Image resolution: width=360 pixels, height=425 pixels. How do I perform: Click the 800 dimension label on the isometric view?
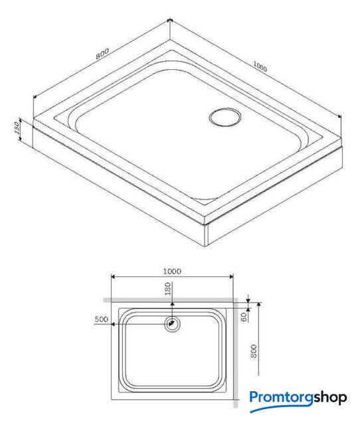tap(102, 54)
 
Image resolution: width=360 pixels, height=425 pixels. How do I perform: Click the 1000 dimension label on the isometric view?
tap(260, 66)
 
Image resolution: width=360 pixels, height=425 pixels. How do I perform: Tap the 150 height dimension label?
tap(17, 128)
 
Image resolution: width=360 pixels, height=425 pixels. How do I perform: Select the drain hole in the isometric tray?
tap(225, 117)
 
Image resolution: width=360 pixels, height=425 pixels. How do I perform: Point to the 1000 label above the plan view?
tap(172, 272)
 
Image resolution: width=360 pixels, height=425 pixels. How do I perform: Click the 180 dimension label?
tap(168, 289)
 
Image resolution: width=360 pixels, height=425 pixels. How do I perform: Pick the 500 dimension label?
tap(102, 319)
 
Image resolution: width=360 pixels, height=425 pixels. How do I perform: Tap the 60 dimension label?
tap(244, 317)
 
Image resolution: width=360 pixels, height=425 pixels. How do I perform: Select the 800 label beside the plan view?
tap(254, 351)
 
